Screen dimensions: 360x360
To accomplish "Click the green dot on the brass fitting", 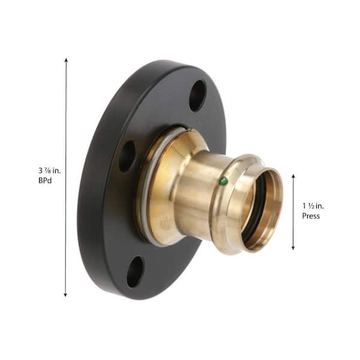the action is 223,181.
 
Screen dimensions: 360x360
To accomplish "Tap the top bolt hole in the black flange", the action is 197,95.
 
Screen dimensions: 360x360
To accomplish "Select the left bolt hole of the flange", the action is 127,157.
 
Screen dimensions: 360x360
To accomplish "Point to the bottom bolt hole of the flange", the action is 135,272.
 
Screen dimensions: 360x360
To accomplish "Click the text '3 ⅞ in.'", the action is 50,170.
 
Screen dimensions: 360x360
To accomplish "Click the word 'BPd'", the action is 45,181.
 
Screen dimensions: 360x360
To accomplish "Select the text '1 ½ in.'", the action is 313,206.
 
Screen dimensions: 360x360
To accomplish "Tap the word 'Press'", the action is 311,216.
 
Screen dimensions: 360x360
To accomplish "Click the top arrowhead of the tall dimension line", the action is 66,61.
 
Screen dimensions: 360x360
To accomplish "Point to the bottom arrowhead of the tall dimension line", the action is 65,295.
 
